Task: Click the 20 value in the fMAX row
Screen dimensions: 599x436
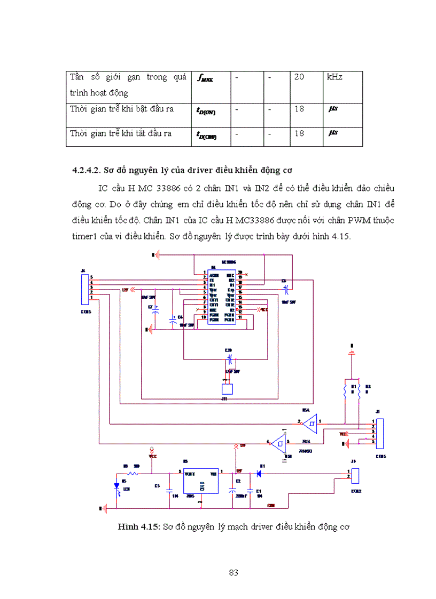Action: click(299, 77)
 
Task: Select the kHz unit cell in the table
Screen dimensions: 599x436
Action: click(335, 77)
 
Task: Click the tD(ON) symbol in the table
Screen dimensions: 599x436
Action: click(206, 110)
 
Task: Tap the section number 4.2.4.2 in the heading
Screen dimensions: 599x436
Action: click(88, 170)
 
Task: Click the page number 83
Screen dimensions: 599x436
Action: click(233, 572)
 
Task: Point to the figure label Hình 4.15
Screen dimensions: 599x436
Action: click(139, 527)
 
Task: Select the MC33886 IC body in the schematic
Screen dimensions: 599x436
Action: click(222, 296)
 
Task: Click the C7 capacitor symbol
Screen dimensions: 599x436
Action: click(155, 310)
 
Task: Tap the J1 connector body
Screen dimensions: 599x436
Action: click(380, 432)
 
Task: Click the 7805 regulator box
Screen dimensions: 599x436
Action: click(200, 482)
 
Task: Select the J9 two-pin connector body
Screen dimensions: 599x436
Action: click(355, 474)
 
